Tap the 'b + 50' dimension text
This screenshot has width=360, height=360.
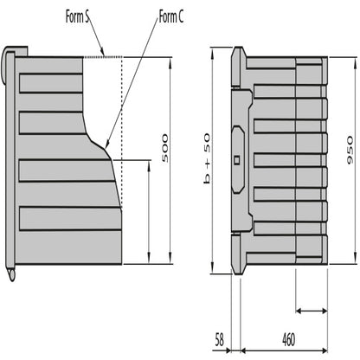[206, 157]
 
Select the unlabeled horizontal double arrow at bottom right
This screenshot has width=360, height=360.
[312, 308]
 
